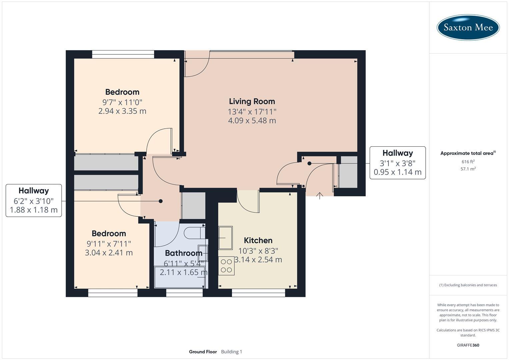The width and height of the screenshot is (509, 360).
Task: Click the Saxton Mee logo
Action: pos(468,27)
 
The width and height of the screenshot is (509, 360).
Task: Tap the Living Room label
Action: pos(252,101)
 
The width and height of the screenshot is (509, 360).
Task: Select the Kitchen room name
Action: pos(258,240)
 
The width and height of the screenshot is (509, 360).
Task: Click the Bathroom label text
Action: pos(183,253)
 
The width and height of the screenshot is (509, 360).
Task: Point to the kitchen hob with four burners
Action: pos(226,266)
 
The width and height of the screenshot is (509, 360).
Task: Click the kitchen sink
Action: pos(225,238)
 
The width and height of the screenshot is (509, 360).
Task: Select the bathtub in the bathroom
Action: pos(180,277)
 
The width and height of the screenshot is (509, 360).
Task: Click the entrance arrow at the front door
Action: pos(320,196)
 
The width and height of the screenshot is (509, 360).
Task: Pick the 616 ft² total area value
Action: pos(468,162)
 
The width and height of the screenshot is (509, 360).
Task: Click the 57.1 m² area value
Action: pos(468,169)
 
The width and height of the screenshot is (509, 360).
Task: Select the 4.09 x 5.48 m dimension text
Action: pos(252,121)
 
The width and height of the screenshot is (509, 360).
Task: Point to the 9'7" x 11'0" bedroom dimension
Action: pos(122,102)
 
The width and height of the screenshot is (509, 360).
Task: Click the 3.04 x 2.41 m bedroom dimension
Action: pos(109,253)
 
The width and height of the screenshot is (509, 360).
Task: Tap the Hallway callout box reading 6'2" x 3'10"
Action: pos(34,200)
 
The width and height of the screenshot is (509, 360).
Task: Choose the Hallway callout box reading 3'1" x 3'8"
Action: pos(397,163)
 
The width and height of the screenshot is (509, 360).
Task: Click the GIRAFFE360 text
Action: pos(468,345)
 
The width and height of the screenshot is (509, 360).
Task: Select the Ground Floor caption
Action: pos(203,352)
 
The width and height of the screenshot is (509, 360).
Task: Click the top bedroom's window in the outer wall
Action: pos(123,54)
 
